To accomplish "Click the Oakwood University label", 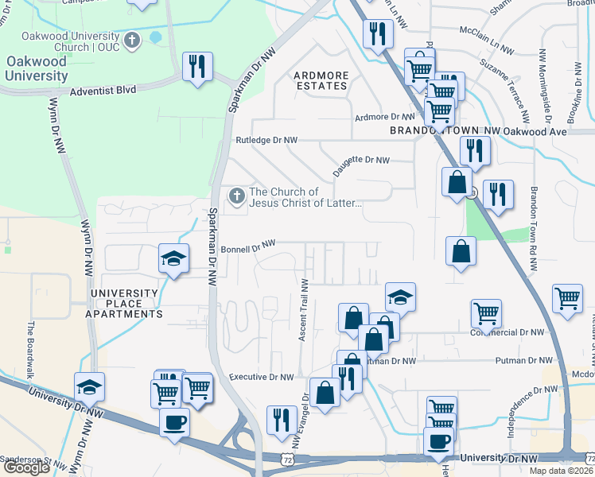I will pos(37,68).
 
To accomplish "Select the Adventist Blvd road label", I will pos(103,91).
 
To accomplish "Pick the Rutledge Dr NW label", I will pos(266,140).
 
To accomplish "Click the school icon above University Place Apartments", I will pos(173,258).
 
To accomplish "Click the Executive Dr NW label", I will pos(261,377).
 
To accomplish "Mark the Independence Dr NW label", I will pos(525,398).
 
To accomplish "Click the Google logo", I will pos(26,467).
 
